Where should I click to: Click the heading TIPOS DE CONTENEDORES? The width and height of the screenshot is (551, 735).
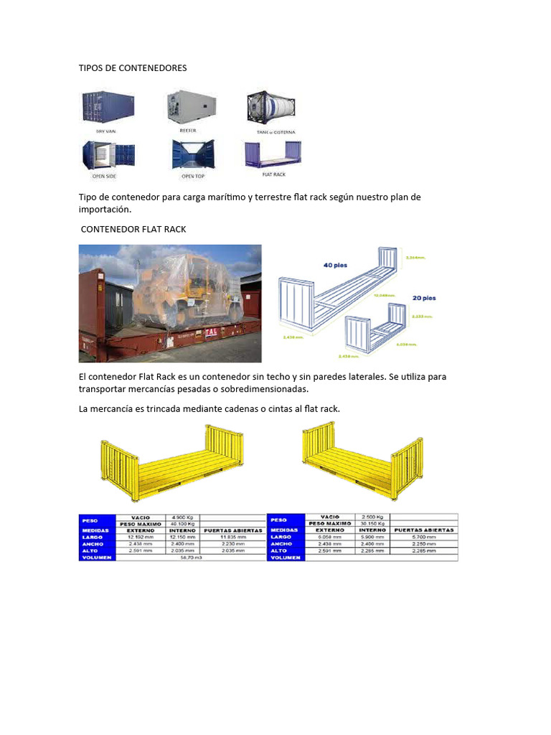132,67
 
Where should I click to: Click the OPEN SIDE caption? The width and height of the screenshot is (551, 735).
105,176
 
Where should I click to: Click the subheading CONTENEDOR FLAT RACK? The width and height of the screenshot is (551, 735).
133,229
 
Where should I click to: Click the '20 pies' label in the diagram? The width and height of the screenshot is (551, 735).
424,297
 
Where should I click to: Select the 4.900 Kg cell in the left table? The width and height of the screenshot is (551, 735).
182,517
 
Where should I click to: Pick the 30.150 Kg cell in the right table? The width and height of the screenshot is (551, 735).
371,523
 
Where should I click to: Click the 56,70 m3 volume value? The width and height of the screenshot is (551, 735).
191,558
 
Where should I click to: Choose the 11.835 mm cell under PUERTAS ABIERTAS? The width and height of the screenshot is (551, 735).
232,537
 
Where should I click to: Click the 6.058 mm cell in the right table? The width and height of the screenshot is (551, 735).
328,537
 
